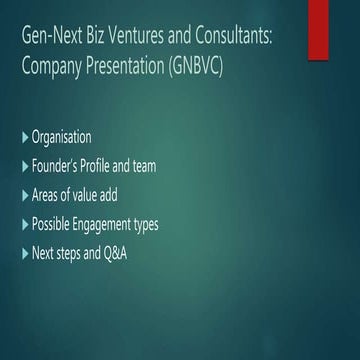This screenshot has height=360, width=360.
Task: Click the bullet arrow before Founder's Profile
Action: pyautogui.click(x=25, y=166)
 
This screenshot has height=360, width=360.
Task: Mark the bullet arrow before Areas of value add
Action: pyautogui.click(x=25, y=195)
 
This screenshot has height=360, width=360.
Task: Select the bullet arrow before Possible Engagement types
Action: pyautogui.click(x=25, y=224)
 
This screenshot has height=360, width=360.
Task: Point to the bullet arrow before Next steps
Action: pyautogui.click(x=25, y=253)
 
